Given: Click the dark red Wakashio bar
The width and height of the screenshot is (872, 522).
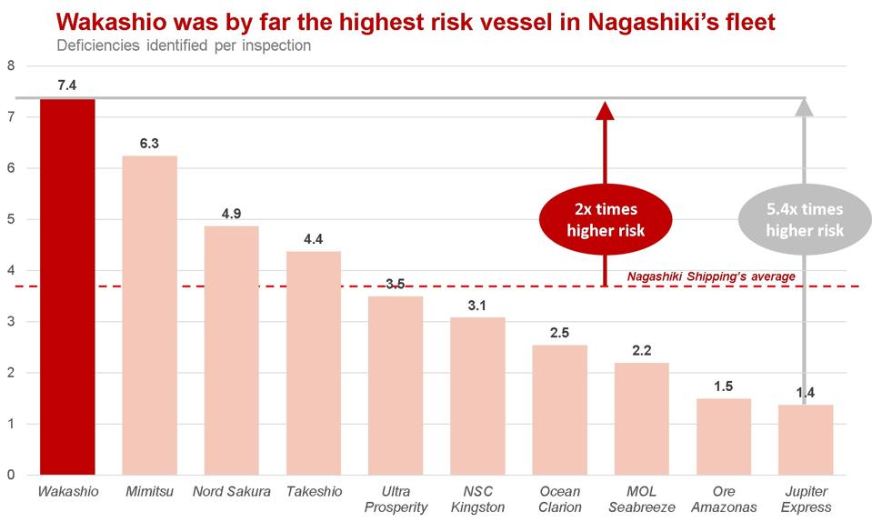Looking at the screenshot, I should click(x=67, y=286).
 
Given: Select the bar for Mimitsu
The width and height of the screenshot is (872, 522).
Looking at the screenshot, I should click(x=149, y=315).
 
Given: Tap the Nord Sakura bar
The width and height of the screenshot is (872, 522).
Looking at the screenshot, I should click(x=231, y=350).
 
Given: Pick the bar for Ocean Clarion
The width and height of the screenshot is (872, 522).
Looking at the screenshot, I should click(x=559, y=409).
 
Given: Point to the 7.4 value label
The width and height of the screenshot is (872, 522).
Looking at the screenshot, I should click(x=67, y=85).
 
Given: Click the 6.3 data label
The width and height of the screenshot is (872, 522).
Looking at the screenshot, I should click(x=149, y=143).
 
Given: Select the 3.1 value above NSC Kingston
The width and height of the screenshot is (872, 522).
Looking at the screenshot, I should click(x=477, y=305).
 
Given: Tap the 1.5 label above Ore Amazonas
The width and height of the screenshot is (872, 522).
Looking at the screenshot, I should click(x=724, y=386).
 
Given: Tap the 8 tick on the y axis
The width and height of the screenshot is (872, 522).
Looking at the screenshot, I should click(x=11, y=65).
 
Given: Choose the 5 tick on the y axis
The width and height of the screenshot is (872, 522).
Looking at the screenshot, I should click(x=11, y=219).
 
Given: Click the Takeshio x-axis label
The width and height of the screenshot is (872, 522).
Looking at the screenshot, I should click(x=314, y=492).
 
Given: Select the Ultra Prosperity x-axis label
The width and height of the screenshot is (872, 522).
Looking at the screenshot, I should click(x=396, y=499).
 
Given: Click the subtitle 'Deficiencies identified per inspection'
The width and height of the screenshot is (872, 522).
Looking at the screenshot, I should click(x=183, y=45).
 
